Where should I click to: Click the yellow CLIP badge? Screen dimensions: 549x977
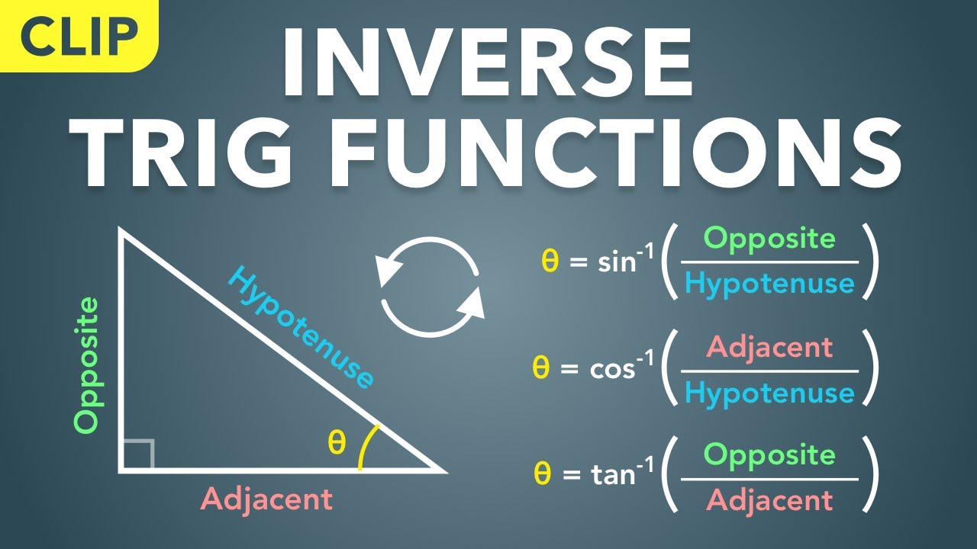(76, 34)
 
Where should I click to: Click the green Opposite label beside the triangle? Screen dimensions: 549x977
(87, 365)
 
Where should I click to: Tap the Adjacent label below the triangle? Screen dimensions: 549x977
(266, 499)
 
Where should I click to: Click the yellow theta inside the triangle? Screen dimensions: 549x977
(337, 441)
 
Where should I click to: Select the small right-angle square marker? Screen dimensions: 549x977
(138, 454)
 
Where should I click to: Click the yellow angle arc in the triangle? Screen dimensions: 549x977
(367, 446)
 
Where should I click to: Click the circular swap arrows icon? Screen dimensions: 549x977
(432, 287)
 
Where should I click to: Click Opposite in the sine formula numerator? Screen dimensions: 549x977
(769, 239)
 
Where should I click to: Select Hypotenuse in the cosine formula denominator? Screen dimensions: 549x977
(769, 393)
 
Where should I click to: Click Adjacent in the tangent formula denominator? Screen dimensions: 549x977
(769, 500)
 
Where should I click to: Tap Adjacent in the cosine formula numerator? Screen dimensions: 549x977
(769, 347)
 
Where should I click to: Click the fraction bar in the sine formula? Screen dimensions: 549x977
(769, 262)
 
